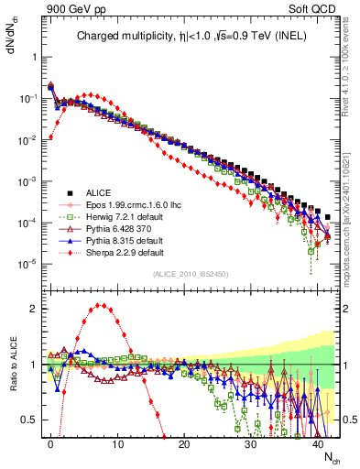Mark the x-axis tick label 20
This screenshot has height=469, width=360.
point(184,442)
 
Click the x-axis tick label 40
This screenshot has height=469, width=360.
point(318,442)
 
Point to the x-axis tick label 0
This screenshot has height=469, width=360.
point(50,442)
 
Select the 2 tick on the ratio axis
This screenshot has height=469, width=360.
point(36,309)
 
